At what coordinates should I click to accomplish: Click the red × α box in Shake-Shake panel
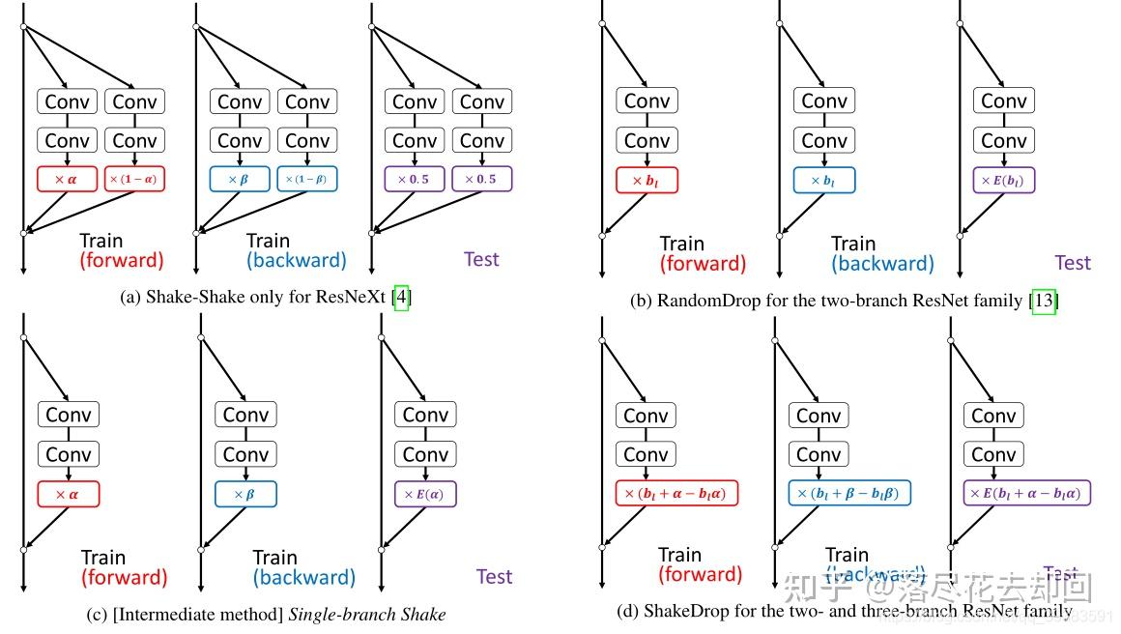point(68,179)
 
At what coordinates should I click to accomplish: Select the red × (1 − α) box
point(134,179)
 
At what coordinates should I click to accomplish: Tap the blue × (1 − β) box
point(307,179)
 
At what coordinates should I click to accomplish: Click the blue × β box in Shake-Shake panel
point(240,179)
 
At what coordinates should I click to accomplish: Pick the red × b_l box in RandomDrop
point(647,180)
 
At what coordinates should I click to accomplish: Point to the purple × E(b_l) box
point(1004,180)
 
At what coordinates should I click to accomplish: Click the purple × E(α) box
point(425,494)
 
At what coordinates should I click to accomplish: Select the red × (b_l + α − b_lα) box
point(676,494)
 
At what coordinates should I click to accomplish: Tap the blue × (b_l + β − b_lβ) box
point(849,494)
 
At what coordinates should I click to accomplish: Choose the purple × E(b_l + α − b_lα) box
point(1027,494)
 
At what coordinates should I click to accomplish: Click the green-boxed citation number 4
point(401,298)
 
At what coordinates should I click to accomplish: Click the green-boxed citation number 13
point(1044,301)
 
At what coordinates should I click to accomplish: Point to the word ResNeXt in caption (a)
point(351,298)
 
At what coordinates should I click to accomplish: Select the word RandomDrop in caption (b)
point(708,301)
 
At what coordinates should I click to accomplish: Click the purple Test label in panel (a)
point(481,259)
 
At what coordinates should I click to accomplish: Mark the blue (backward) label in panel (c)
point(304,578)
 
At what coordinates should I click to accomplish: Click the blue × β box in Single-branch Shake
point(245,494)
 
